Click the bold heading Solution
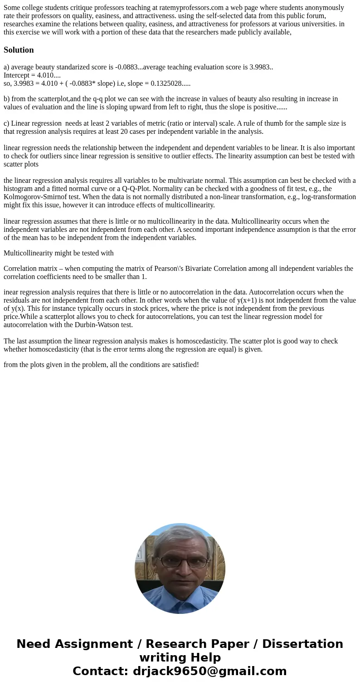19,50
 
